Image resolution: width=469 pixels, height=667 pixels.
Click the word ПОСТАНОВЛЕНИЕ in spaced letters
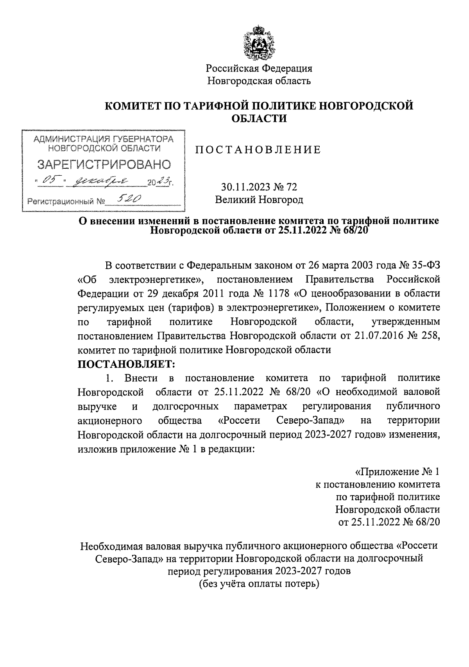(x=258, y=150)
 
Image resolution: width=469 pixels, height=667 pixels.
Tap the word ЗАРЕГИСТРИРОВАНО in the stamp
(x=104, y=164)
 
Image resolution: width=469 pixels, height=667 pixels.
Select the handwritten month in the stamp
(x=102, y=180)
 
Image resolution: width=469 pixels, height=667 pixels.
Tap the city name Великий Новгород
(x=259, y=200)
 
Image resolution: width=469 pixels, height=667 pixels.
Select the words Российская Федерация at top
(x=259, y=68)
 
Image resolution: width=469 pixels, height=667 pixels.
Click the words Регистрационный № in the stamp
(x=66, y=202)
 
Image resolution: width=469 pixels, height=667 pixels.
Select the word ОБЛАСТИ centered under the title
(x=259, y=118)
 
